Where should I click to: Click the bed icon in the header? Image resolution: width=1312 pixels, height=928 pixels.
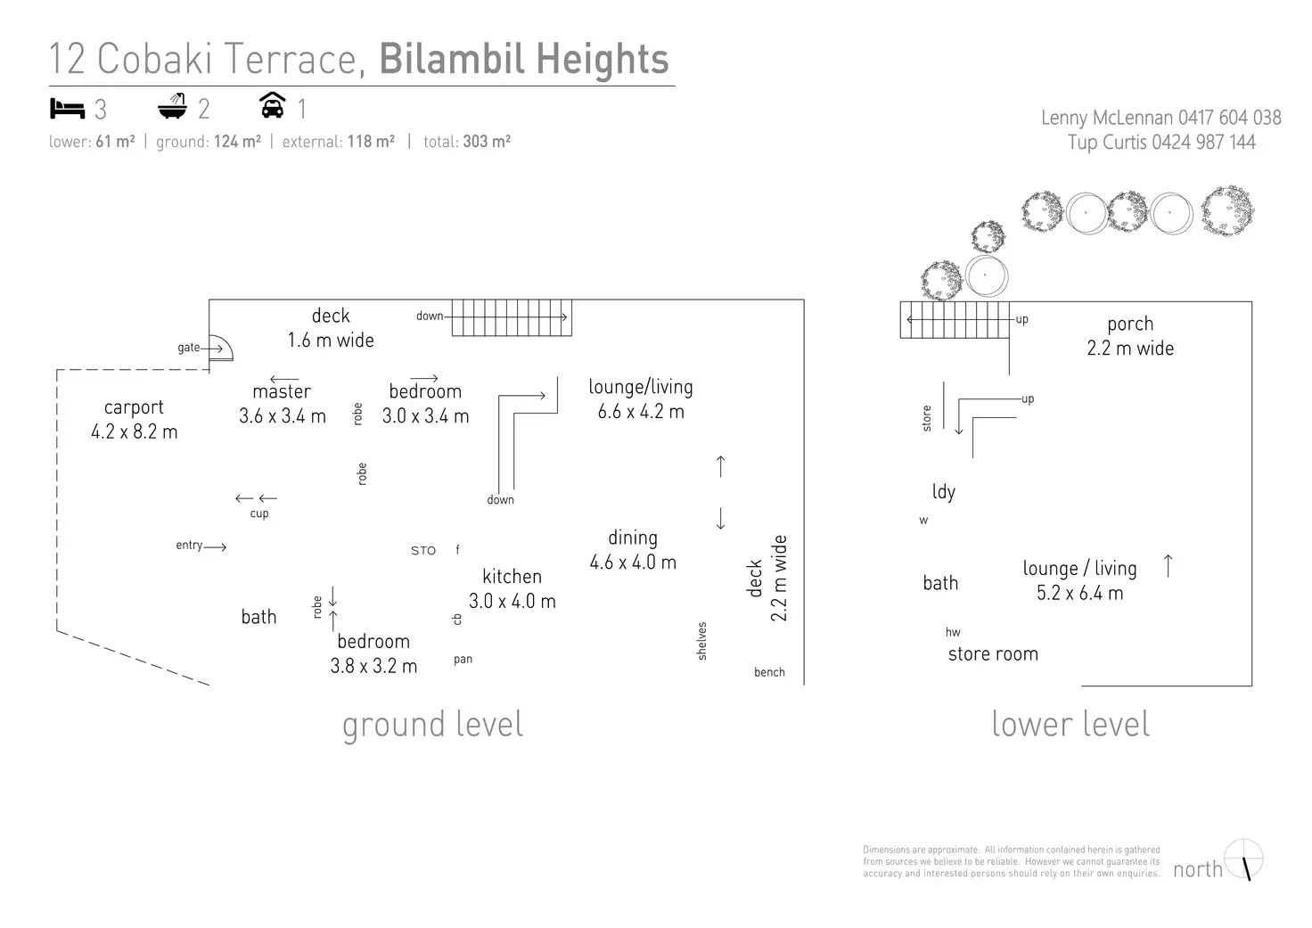click(x=67, y=109)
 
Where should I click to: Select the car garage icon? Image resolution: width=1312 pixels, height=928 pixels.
click(x=272, y=105)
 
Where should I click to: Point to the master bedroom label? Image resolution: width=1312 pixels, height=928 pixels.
click(x=282, y=391)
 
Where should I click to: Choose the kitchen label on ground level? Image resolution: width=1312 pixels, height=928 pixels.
click(x=512, y=577)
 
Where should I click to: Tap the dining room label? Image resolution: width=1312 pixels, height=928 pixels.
click(x=633, y=538)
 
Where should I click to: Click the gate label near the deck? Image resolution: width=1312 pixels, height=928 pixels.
click(x=188, y=348)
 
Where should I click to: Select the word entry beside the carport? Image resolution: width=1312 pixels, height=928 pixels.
click(x=189, y=546)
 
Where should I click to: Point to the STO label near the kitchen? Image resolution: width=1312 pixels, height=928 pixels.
click(x=423, y=551)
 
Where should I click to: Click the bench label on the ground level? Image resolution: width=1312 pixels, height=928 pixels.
click(x=769, y=672)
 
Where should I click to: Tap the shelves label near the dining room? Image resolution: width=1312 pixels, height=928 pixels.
click(x=701, y=641)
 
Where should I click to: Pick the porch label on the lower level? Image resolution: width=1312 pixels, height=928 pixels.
click(x=1130, y=324)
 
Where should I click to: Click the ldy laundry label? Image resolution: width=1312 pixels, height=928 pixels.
click(x=943, y=491)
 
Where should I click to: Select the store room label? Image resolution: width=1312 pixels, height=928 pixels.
click(x=993, y=654)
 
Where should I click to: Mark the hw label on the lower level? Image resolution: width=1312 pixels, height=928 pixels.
click(x=953, y=632)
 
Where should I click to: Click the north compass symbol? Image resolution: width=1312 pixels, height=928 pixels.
click(x=1244, y=859)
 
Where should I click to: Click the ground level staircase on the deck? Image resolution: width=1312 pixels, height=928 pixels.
click(x=511, y=317)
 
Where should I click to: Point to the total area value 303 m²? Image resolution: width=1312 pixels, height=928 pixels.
click(x=487, y=142)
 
